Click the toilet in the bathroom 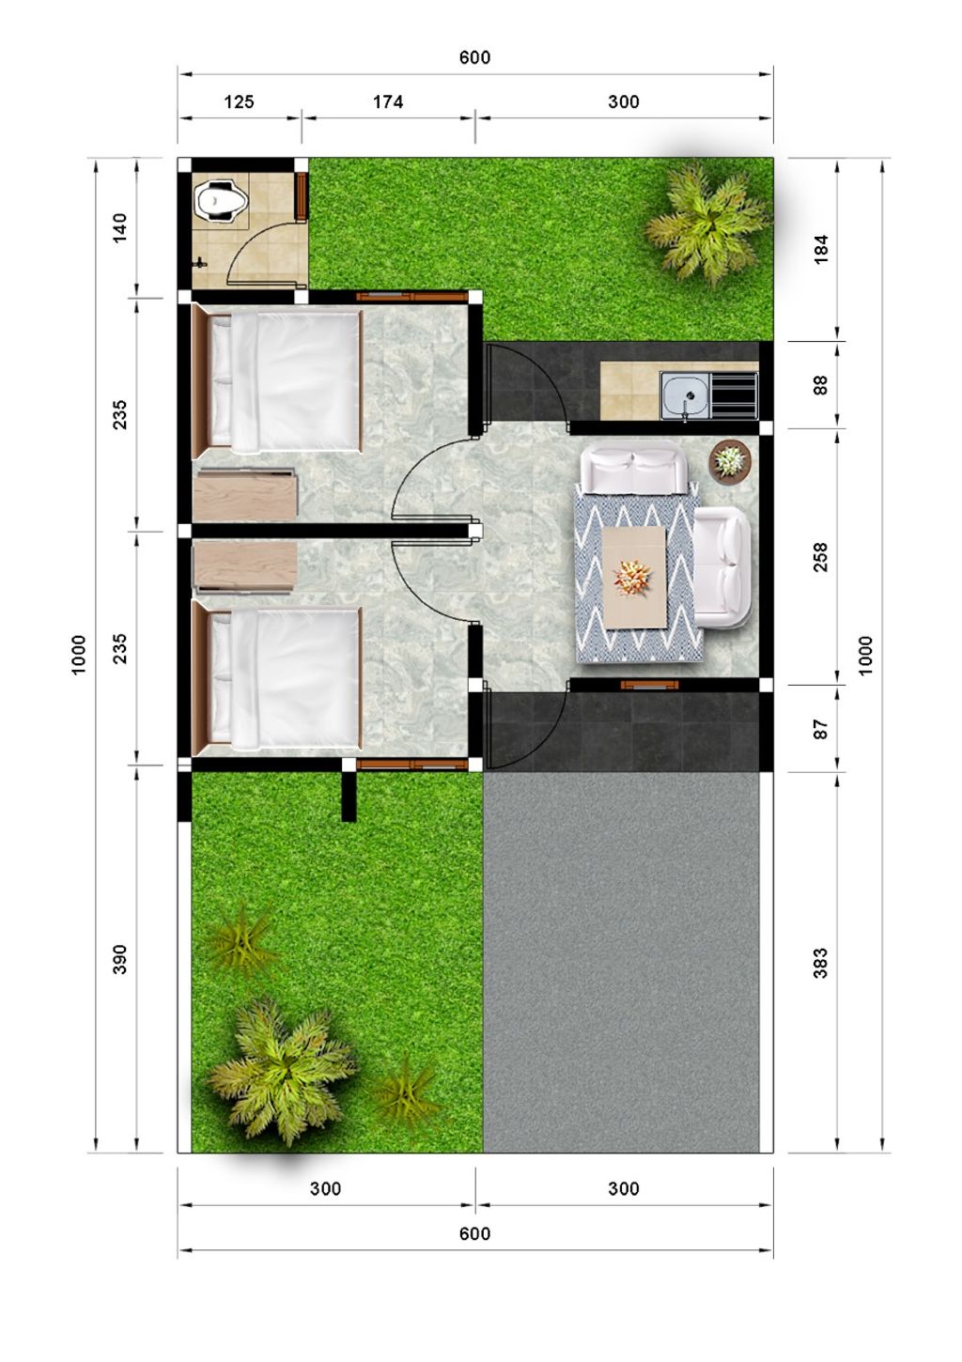tap(221, 202)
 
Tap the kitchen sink tap(685, 395)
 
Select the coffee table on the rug tap(635, 577)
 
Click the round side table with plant tap(730, 460)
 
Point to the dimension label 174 tap(388, 101)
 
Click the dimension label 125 tap(239, 101)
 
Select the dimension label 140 tap(120, 227)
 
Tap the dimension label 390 tap(120, 959)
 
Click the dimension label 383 tap(820, 963)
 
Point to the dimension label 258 tap(820, 557)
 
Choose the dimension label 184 tap(820, 249)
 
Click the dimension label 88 tap(820, 385)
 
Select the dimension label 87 tap(820, 729)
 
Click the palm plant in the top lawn tap(706, 223)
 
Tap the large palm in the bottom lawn tap(279, 1067)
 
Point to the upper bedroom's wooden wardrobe tap(245, 494)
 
